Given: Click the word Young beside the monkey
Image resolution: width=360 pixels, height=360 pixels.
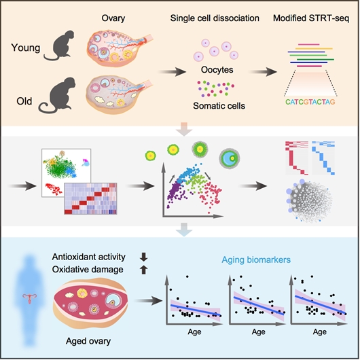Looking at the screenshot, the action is [x=26, y=48].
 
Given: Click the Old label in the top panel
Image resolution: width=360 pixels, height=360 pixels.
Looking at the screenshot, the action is [x=24, y=101].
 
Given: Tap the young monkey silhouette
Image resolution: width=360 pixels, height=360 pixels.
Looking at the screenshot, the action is [x=59, y=46].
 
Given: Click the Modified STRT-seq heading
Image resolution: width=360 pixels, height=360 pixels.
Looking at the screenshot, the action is [x=311, y=18].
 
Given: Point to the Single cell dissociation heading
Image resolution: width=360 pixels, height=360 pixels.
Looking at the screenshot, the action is [x=215, y=18].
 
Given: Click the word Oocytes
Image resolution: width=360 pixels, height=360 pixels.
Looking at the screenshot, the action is [x=217, y=69].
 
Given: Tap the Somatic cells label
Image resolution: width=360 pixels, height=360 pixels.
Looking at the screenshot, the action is [x=219, y=106].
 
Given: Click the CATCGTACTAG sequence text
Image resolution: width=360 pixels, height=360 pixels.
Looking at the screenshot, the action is [x=310, y=102].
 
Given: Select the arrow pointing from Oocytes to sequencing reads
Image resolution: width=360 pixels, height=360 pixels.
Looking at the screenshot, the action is [x=263, y=72].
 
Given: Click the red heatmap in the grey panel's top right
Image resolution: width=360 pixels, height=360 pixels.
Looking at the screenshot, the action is [x=297, y=158].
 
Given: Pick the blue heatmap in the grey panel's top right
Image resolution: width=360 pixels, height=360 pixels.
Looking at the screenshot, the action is [x=323, y=158].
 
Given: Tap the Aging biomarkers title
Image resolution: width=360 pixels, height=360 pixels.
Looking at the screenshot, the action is [x=256, y=259].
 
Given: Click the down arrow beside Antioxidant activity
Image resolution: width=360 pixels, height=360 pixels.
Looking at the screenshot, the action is [x=143, y=257].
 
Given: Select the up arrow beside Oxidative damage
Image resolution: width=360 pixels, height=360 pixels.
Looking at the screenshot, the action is [x=143, y=270].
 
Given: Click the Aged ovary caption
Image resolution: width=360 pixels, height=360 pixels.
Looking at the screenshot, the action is [x=88, y=341].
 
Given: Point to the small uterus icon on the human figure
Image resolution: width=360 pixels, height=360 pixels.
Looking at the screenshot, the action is [x=30, y=298].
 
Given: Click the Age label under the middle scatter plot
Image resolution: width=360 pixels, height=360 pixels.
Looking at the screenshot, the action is [x=258, y=332].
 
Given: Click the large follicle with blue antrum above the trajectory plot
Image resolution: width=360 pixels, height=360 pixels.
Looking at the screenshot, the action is [x=230, y=158].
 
